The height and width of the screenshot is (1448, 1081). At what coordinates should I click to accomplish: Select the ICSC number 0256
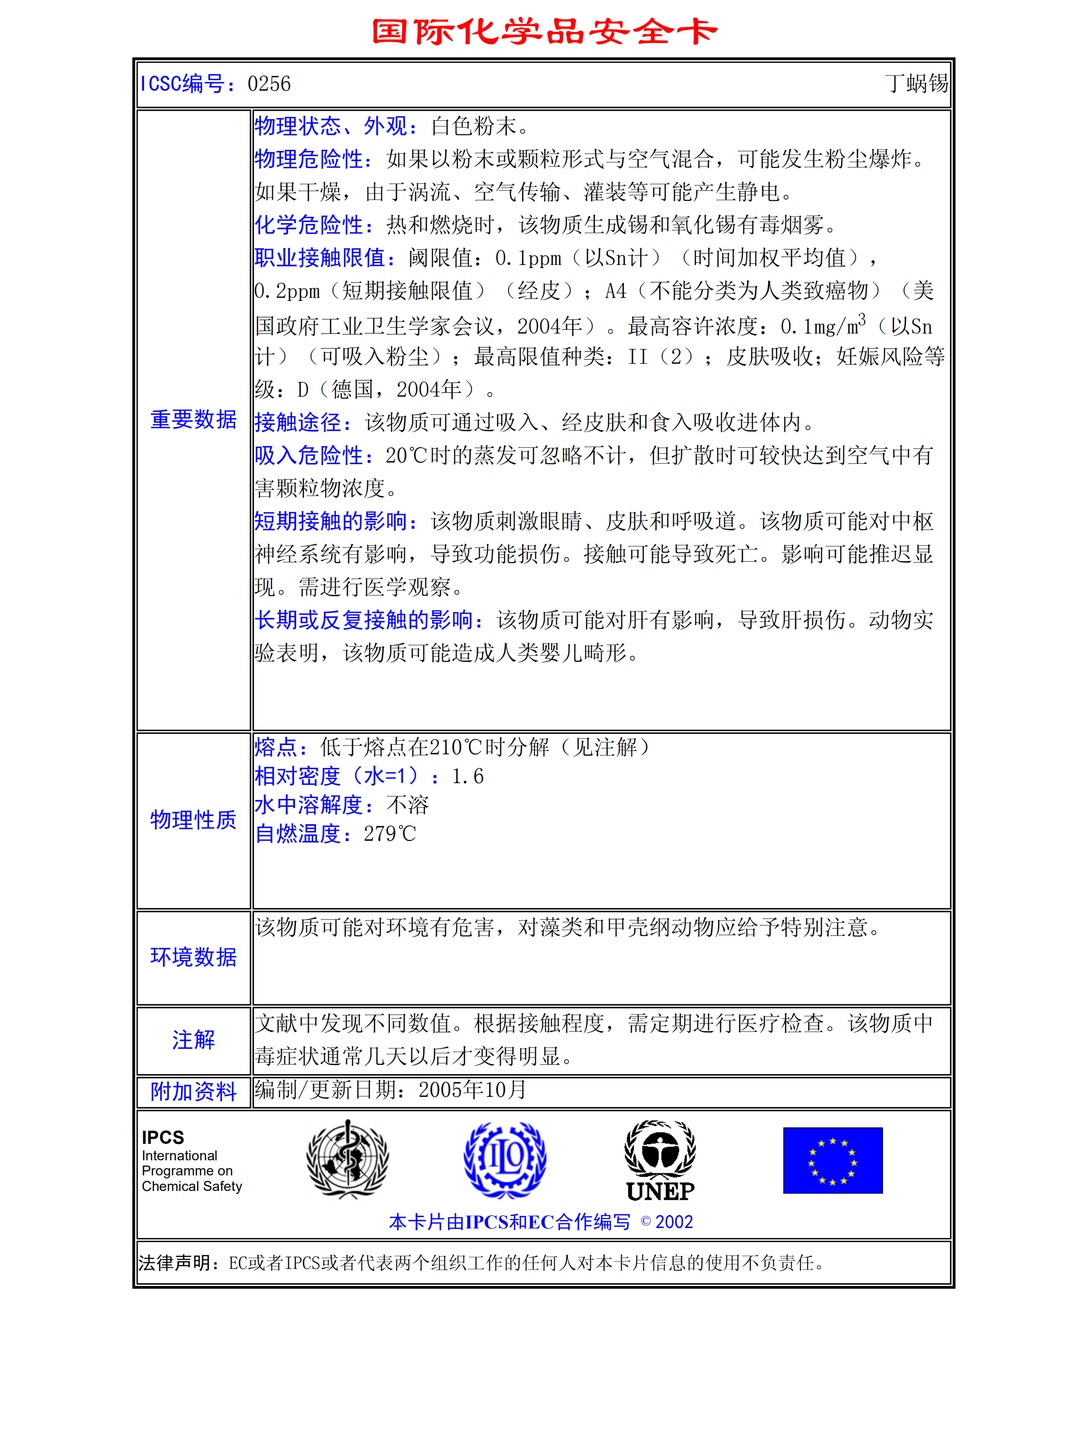pyautogui.click(x=269, y=84)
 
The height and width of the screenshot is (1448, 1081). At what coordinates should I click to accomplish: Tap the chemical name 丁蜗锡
pyautogui.click(x=916, y=83)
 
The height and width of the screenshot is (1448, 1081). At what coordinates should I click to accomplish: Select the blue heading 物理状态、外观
pyautogui.click(x=335, y=126)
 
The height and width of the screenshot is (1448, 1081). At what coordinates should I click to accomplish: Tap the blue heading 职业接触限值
pyautogui.click(x=325, y=258)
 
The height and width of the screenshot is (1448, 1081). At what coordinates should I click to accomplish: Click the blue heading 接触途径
pyautogui.click(x=302, y=422)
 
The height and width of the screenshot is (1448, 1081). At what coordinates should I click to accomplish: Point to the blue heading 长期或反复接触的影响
pyautogui.click(x=369, y=620)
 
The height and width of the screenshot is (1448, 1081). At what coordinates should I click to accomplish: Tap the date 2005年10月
pyautogui.click(x=472, y=1089)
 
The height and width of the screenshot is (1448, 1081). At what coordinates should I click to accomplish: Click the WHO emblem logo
pyautogui.click(x=348, y=1159)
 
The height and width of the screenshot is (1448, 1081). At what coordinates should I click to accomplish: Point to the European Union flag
pyautogui.click(x=832, y=1160)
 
